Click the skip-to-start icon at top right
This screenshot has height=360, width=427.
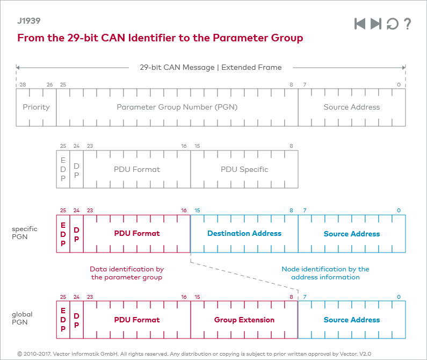point(360,24)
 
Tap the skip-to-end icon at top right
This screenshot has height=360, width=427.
point(376,24)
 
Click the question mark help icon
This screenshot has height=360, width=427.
point(408,24)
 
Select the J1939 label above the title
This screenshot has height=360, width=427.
point(28,21)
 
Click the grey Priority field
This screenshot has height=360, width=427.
point(36,107)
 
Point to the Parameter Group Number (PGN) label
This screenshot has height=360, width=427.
point(177,107)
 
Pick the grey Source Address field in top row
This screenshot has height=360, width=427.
point(351,107)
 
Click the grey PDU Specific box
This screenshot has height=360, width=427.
point(244,169)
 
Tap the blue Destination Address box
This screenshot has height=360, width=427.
point(244,234)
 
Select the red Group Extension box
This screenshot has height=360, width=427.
point(244,320)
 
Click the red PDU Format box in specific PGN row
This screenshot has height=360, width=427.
point(136,234)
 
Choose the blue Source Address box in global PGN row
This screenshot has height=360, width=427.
point(351,320)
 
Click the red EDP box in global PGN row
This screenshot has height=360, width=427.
point(63,320)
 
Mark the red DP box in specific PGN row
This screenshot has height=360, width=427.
point(76,234)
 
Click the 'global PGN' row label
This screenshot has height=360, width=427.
point(22,319)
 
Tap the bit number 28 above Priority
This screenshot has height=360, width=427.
point(23,85)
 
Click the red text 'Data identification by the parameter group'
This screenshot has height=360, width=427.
point(126,273)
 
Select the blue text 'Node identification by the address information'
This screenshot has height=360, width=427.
point(325,273)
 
